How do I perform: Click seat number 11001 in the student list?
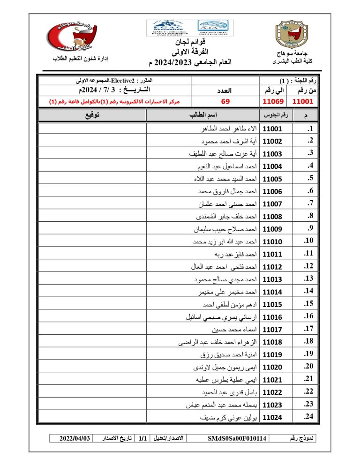pos(272,129)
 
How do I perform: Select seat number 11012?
pos(272,267)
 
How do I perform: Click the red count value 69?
pos(225,101)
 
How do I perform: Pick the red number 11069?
pos(272,101)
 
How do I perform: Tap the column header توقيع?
pos(91,115)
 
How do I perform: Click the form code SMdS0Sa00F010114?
pos(237,438)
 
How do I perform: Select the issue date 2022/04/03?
pos(75,438)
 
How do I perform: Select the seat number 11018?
pos(272,342)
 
